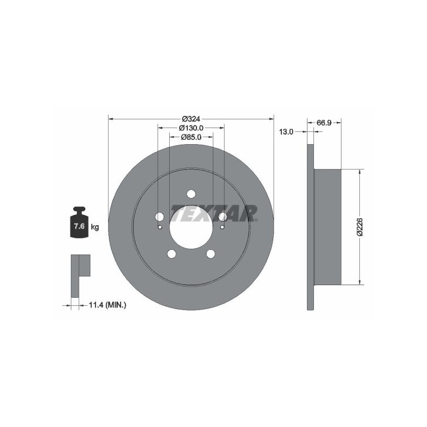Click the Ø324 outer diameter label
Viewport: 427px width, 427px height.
point(191,119)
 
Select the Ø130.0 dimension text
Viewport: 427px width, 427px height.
point(191,128)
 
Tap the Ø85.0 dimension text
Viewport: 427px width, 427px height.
point(191,137)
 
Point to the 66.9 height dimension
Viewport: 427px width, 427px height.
point(324,123)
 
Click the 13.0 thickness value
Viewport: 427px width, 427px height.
point(286,132)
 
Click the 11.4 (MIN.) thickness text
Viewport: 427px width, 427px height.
point(108,305)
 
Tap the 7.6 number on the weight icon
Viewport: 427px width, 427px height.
point(79,226)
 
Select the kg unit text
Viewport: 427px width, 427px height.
point(95,227)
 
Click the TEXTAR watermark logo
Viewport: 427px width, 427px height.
point(214,213)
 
